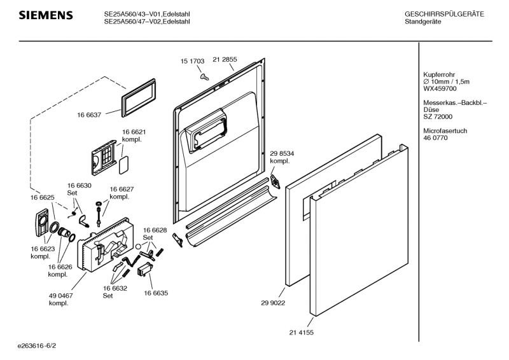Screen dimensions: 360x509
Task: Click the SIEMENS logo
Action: click(45, 15)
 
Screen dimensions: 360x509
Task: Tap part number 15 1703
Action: click(192, 61)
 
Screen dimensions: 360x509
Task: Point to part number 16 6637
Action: click(90, 114)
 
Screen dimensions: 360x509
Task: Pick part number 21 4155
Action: click(301, 332)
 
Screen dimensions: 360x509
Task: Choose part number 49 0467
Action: click(60, 296)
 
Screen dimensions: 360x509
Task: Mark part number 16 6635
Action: click(156, 293)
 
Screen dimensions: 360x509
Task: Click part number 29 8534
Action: click(282, 154)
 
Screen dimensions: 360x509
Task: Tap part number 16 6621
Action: click(134, 132)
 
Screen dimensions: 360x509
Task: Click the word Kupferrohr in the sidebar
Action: click(438, 74)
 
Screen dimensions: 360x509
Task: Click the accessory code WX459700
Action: click(440, 88)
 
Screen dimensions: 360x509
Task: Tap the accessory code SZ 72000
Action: click(438, 116)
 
